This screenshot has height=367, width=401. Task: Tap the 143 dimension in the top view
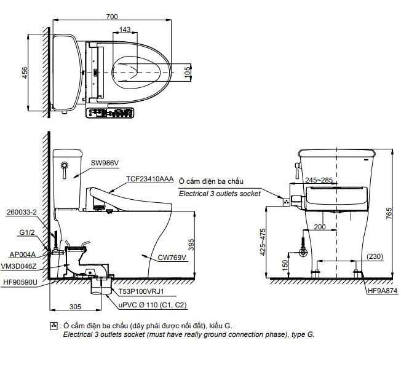pyautogui.click(x=125, y=29)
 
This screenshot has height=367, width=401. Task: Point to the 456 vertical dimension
pyautogui.click(x=23, y=73)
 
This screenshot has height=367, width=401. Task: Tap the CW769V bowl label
pyautogui.click(x=172, y=257)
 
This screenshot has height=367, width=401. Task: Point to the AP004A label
pyautogui.click(x=23, y=254)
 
